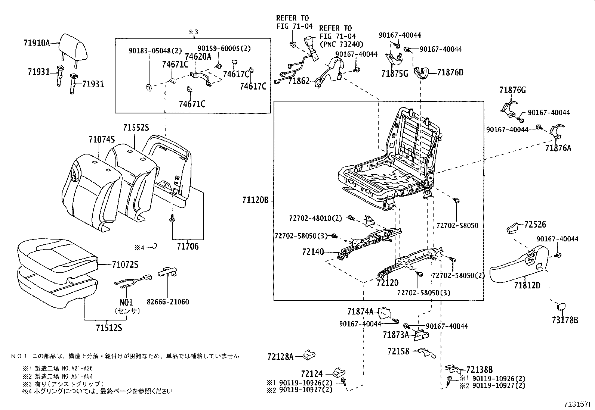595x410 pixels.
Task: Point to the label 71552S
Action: coord(136,128)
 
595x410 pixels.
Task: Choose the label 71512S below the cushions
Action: coord(109,328)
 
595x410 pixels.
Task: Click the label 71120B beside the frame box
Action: coord(256,201)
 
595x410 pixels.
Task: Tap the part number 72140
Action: coord(313,252)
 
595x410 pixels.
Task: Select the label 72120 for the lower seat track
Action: coord(388,283)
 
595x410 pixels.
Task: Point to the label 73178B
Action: coord(564,320)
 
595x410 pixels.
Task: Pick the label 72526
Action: coord(535,224)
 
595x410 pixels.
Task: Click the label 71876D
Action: coord(450,72)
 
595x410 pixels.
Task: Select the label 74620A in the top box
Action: coord(198,57)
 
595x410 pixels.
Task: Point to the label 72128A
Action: coord(281,356)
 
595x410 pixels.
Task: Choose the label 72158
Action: coord(398,351)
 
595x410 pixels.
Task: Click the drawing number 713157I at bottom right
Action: coord(577,404)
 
